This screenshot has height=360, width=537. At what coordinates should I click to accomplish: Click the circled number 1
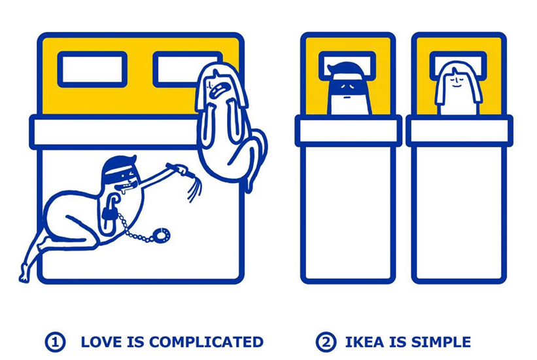pyautogui.click(x=55, y=342)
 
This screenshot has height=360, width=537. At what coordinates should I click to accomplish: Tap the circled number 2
pyautogui.click(x=326, y=342)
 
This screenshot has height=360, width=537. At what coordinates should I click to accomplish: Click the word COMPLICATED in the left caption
pyautogui.click(x=206, y=342)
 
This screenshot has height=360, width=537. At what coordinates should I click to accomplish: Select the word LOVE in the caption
pyautogui.click(x=101, y=342)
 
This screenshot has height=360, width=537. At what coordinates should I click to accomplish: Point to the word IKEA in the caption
pyautogui.click(x=365, y=342)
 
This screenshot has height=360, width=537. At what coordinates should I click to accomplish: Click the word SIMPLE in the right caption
pyautogui.click(x=441, y=342)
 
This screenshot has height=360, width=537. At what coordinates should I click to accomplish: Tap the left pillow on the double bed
pyautogui.click(x=92, y=69)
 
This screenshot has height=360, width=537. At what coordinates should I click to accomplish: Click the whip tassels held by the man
pyautogui.click(x=194, y=187)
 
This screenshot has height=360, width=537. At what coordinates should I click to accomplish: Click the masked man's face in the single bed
pyautogui.click(x=348, y=90)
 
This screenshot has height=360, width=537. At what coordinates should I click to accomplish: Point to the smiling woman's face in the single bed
pyautogui.click(x=458, y=88)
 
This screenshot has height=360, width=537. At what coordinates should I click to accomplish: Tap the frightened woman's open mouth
pyautogui.click(x=218, y=91)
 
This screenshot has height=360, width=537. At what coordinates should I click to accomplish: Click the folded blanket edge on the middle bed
pyautogui.click(x=348, y=131)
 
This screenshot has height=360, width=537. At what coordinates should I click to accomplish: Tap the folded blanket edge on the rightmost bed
pyautogui.click(x=459, y=131)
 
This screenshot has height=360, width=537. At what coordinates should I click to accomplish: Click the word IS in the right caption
pyautogui.click(x=398, y=342)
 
